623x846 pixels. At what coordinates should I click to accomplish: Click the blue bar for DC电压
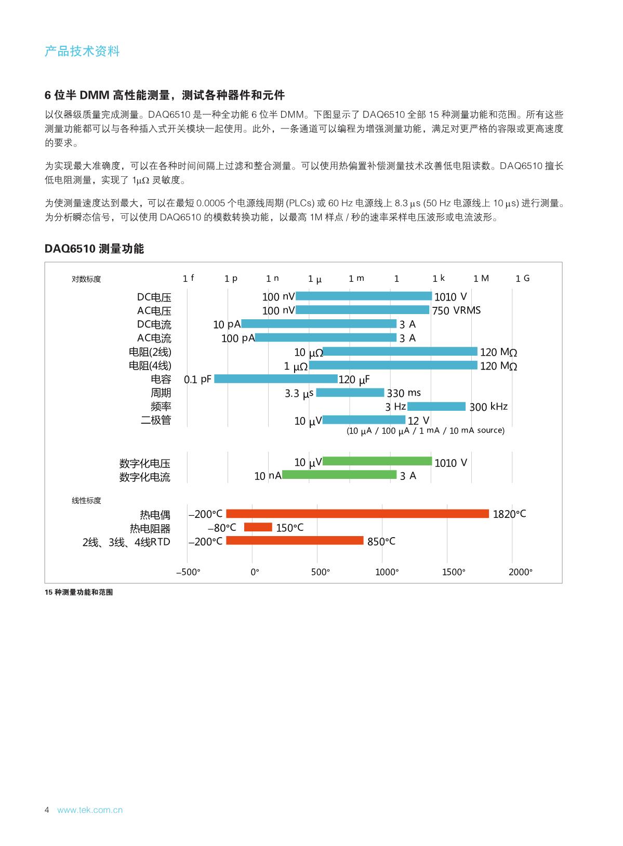364,296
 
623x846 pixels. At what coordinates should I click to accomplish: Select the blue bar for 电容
276,379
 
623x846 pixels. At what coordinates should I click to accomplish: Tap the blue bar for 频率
436,406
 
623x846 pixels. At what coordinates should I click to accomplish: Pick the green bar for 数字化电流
339,475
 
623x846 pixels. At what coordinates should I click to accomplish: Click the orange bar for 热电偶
357,514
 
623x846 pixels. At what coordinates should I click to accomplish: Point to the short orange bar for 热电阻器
258,527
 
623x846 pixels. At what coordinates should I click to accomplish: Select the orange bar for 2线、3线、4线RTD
295,541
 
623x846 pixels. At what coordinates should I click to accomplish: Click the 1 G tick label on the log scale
523,278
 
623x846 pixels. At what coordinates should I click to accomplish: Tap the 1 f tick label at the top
188,278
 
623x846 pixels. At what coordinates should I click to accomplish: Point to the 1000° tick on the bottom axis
387,572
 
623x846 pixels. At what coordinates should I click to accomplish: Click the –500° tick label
188,572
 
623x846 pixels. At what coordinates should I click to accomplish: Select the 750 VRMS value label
456,310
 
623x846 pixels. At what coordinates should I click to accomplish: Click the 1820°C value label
509,514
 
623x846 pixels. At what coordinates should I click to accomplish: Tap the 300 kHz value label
488,407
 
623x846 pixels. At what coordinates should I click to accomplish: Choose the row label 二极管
156,420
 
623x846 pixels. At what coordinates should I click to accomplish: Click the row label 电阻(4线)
150,366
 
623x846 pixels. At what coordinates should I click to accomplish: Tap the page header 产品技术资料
82,51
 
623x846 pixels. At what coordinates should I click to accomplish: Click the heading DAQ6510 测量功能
94,249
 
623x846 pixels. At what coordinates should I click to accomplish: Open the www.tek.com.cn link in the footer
90,810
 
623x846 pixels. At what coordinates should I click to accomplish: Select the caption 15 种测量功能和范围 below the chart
79,592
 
